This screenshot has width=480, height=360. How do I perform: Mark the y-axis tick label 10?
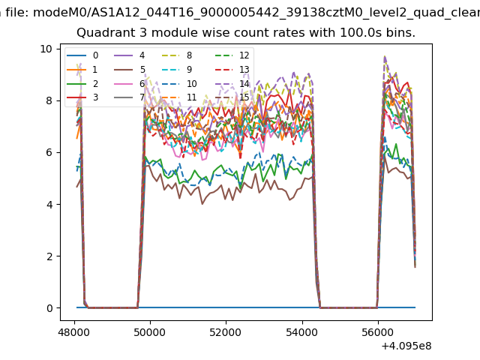tap(46, 49)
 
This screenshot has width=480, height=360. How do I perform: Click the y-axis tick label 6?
tap(49, 152)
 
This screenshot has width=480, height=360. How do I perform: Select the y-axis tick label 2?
tap(49, 256)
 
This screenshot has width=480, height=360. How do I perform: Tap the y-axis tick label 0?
tap(49, 308)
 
